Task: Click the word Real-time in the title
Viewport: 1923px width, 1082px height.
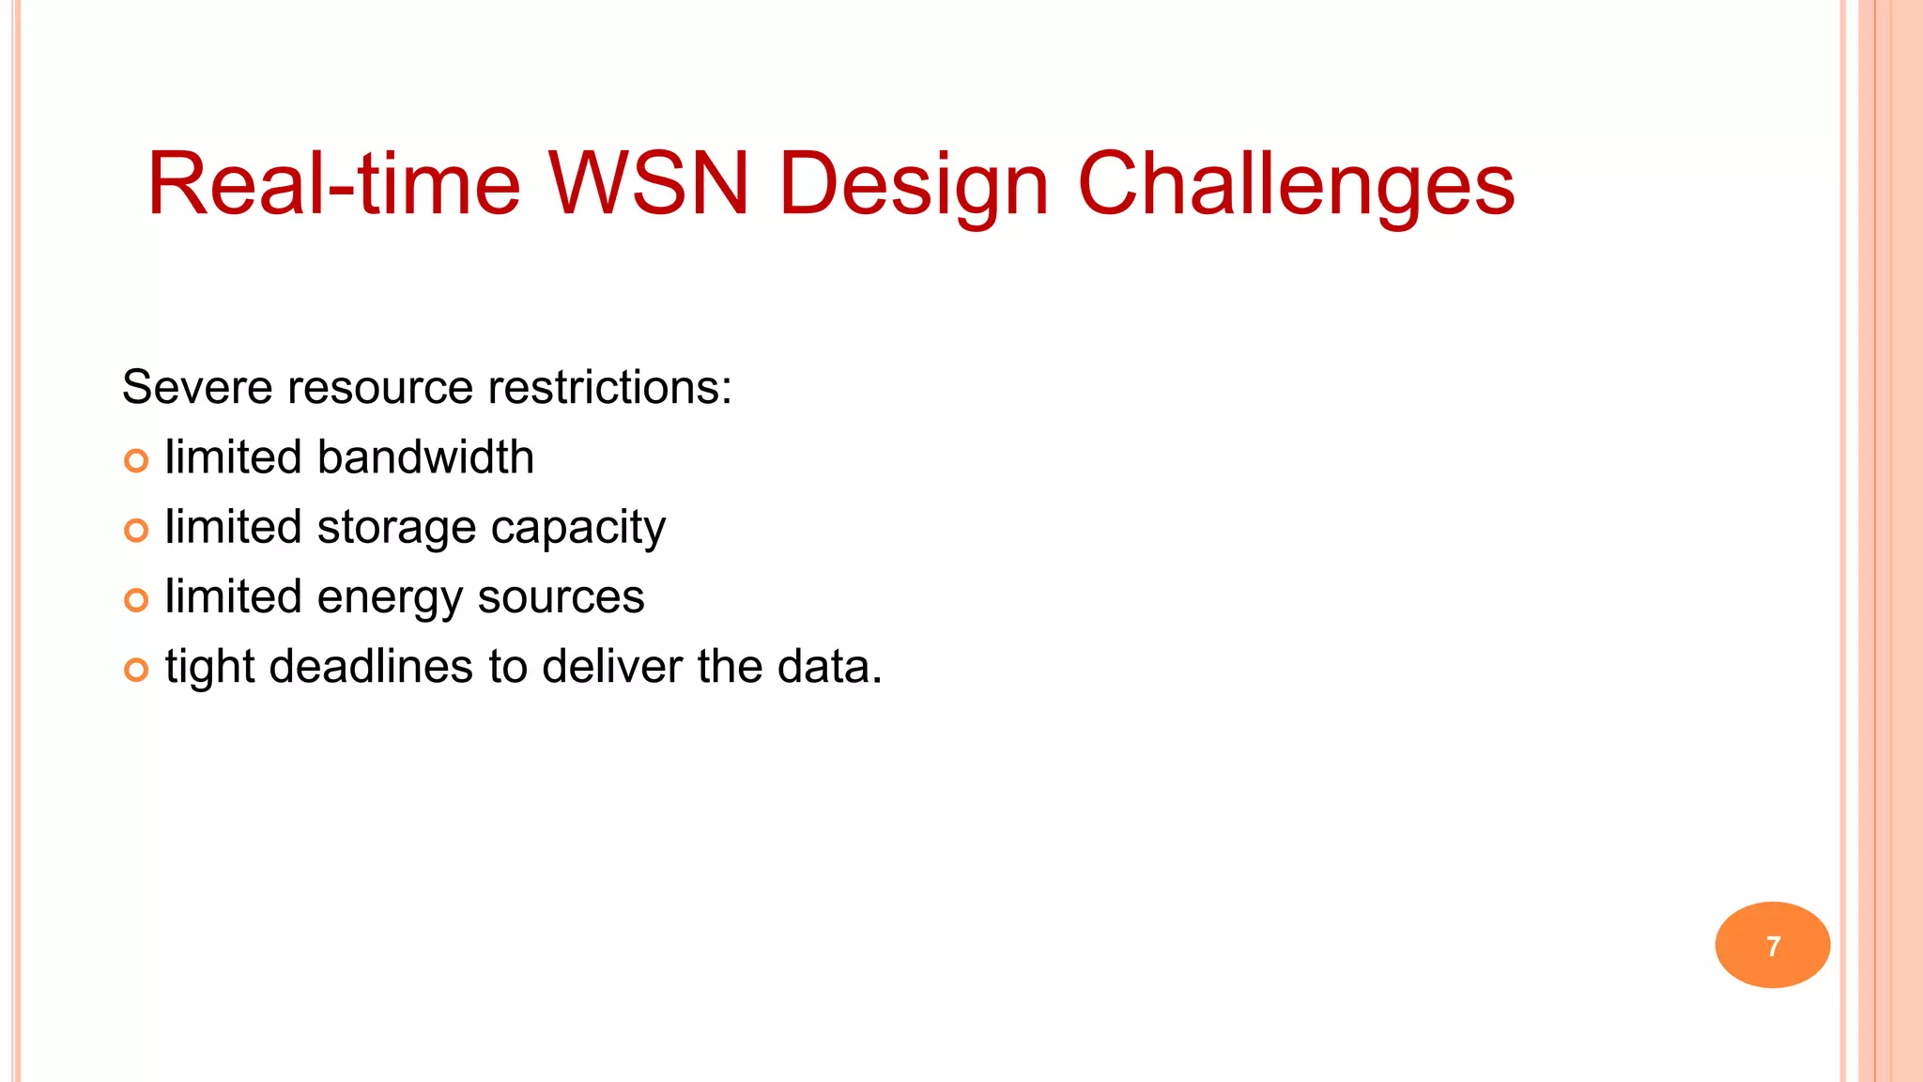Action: coord(333,184)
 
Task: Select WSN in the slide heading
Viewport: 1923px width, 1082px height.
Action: coord(648,184)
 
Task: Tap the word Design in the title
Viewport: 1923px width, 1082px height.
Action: coord(913,186)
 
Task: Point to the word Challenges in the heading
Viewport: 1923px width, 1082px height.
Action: coord(1296,186)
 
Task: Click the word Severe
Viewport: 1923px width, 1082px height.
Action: coord(196,388)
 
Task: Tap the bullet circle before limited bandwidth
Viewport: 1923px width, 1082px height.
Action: coord(136,461)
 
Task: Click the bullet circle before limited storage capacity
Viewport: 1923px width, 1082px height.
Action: coord(136,531)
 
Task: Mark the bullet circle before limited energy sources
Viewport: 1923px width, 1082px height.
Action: coord(136,600)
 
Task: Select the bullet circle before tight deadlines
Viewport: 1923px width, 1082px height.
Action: coord(136,670)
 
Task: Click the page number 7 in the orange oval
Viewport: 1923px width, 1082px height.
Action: coord(1773,946)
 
